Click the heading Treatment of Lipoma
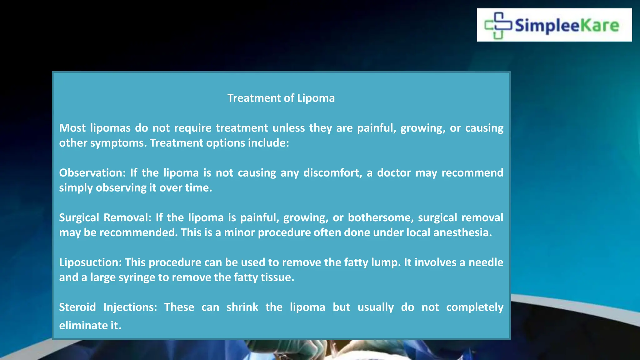click(x=281, y=98)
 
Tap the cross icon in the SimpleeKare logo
click(x=498, y=25)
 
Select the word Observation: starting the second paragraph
click(x=92, y=173)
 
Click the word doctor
click(x=394, y=173)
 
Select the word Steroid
click(x=77, y=307)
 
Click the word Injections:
click(x=130, y=307)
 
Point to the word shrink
click(x=242, y=307)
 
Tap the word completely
click(x=474, y=307)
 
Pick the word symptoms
click(x=118, y=143)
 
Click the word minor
click(x=239, y=232)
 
